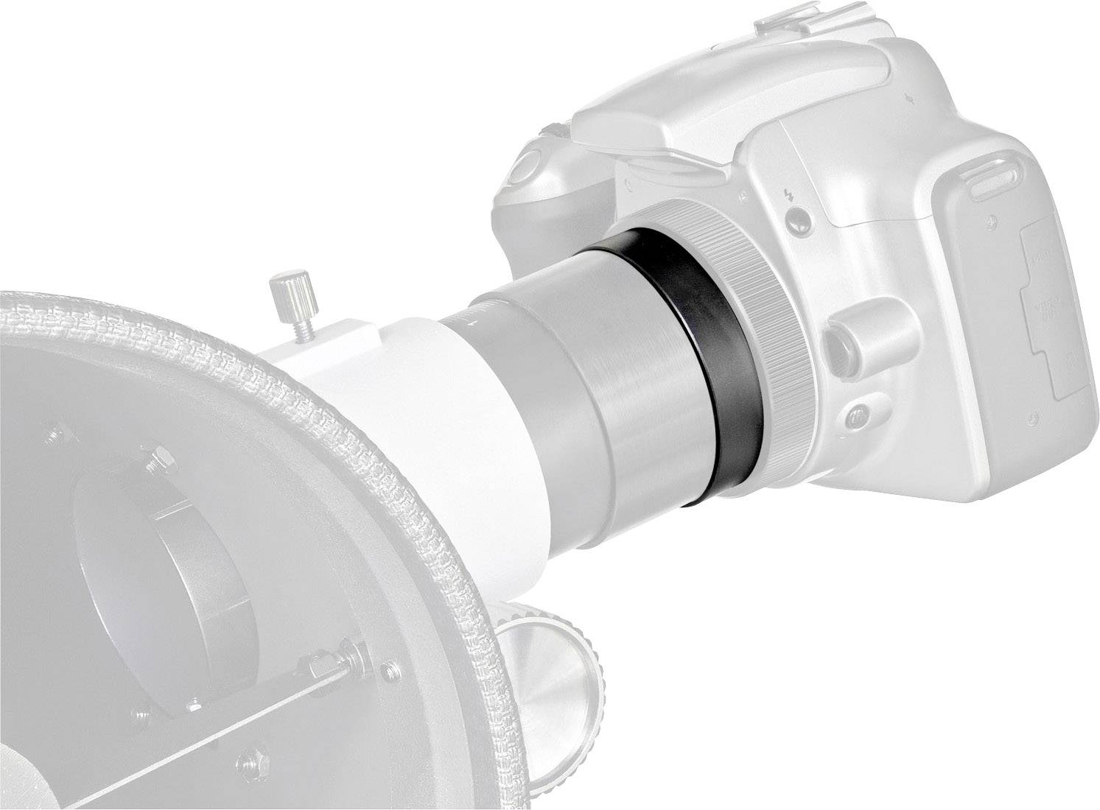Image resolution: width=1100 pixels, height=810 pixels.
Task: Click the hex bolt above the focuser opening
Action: coord(155,462)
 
